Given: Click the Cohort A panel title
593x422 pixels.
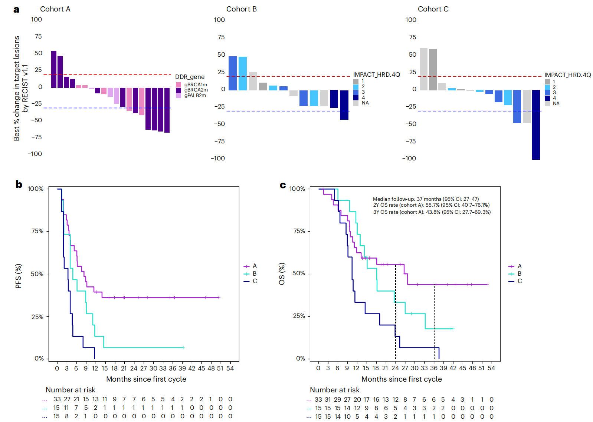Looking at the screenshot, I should coord(55,9).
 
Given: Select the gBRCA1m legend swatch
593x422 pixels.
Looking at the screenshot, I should coord(178,85).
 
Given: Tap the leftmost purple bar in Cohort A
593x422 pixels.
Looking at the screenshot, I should coord(54,69).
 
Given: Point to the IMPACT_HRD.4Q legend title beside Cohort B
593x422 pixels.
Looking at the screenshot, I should coord(376,74).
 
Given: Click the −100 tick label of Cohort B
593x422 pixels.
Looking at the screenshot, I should coord(218,158).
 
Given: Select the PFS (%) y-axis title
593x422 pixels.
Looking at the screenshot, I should coord(18,276).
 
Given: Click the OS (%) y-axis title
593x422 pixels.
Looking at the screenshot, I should coord(282,274).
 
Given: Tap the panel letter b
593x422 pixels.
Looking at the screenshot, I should coord(19,184).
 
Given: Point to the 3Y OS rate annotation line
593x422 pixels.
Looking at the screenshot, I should coord(432,212).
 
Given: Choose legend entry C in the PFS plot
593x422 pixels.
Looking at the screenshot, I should coord(255,281).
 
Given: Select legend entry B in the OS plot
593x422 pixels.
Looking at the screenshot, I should coord(519,273).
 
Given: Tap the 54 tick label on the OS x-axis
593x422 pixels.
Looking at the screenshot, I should coord(491,368).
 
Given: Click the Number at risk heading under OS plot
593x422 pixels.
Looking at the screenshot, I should coord(334,390).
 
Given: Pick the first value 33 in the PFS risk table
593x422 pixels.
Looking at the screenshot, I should coord(57,399).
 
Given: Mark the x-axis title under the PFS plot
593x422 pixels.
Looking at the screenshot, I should coord(146,379).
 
